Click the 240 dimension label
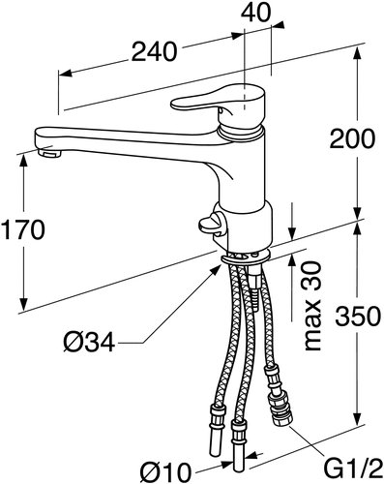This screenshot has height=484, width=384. point(154,51)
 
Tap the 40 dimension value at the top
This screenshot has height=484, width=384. point(256,13)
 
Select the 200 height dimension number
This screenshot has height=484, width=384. point(352,138)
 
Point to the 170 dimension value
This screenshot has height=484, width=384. point(22,229)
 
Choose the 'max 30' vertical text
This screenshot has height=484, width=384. point(312,306)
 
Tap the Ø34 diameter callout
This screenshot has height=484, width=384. point(89,342)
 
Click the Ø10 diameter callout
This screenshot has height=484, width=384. point(165,472)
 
